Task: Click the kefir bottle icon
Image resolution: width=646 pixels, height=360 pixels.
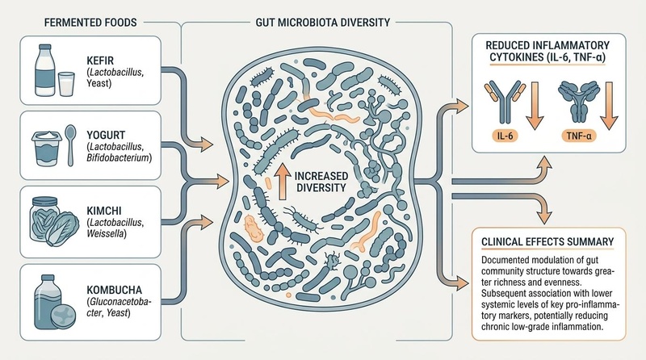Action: pyautogui.click(x=44, y=70)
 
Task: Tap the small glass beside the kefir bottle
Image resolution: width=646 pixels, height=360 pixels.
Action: pyautogui.click(x=66, y=84)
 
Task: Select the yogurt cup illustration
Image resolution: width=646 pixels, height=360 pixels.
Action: pyautogui.click(x=47, y=149)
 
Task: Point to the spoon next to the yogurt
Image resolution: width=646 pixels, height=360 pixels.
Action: pyautogui.click(x=70, y=144)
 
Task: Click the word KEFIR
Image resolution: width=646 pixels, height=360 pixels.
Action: pyautogui.click(x=100, y=61)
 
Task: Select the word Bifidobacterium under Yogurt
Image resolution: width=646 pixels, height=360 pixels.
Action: pyautogui.click(x=119, y=157)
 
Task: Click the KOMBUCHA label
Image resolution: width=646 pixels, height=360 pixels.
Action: pyautogui.click(x=114, y=289)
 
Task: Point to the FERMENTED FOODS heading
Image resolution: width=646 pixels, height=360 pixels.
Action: pyautogui.click(x=90, y=23)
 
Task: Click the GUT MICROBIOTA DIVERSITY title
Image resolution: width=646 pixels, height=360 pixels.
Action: pyautogui.click(x=322, y=23)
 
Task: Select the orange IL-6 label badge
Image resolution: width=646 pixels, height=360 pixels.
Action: pyautogui.click(x=505, y=136)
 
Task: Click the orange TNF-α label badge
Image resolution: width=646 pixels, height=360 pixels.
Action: pyautogui.click(x=578, y=136)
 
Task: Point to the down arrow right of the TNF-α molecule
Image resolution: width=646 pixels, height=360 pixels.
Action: pyautogui.click(x=609, y=106)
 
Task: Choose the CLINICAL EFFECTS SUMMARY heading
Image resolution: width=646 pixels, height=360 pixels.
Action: pyautogui.click(x=547, y=242)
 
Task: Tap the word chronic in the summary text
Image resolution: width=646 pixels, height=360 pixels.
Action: pyautogui.click(x=496, y=327)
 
